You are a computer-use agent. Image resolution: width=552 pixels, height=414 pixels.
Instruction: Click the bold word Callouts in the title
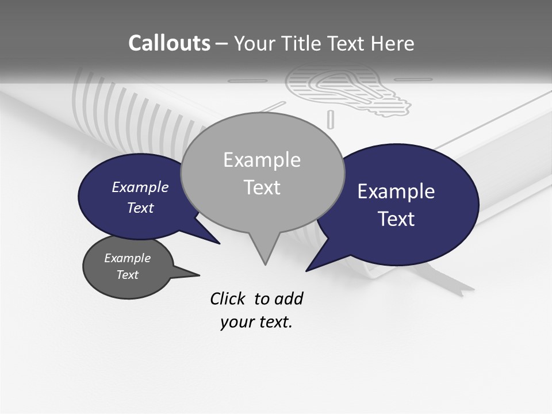(169, 43)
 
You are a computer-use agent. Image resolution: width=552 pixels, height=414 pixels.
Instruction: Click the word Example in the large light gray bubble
(262, 160)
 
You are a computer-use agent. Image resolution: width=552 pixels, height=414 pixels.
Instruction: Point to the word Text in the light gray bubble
(262, 187)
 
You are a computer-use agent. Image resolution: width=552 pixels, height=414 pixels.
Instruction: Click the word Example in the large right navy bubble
(396, 191)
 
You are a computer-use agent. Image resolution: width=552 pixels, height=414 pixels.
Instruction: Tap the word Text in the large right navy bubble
(396, 219)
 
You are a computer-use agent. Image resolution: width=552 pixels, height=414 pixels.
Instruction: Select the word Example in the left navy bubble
(140, 187)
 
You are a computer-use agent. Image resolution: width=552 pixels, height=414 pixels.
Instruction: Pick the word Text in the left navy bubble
(140, 208)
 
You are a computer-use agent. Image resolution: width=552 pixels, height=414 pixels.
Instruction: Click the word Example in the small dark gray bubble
(127, 258)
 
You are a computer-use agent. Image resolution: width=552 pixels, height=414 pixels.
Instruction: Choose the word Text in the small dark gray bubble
(127, 275)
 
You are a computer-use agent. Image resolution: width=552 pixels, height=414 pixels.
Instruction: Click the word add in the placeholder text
(289, 298)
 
